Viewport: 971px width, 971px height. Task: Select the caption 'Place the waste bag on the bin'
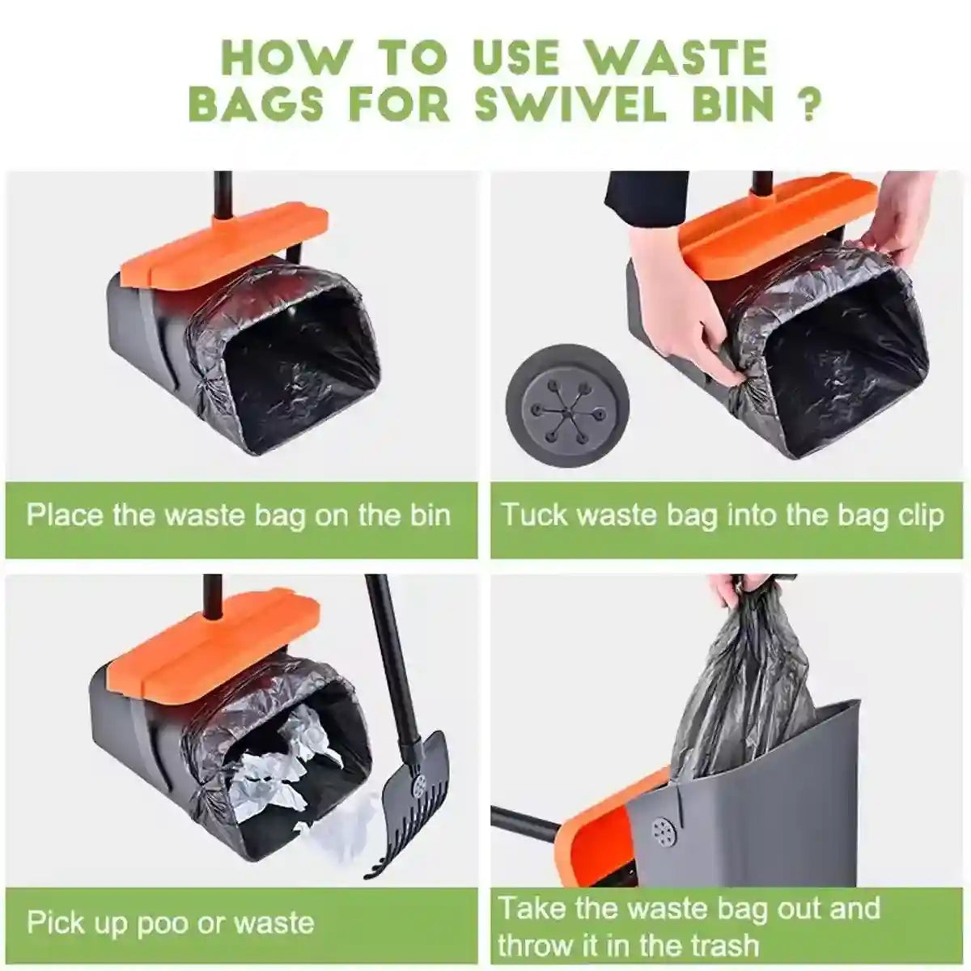pyautogui.click(x=239, y=515)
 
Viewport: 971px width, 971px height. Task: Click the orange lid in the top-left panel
pyautogui.click(x=223, y=243)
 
